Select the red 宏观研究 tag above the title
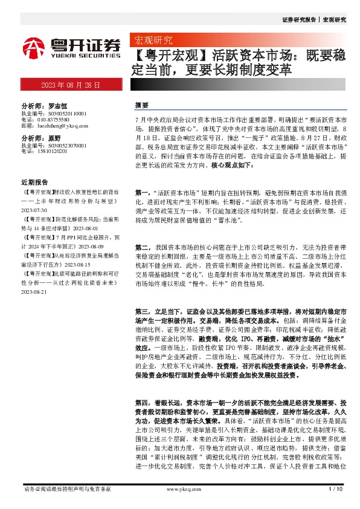(x=152, y=41)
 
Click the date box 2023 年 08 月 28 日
(x=71, y=85)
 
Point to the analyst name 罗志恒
(x=56, y=105)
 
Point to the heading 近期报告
(x=34, y=181)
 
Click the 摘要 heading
(x=141, y=105)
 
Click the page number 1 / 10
(x=335, y=489)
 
